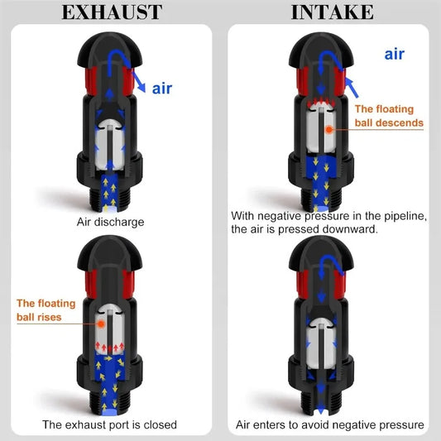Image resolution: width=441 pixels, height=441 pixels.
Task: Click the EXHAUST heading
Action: point(112,12)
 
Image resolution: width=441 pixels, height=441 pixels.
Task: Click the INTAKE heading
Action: point(332,12)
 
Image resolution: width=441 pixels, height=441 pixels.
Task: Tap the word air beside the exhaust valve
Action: point(162,89)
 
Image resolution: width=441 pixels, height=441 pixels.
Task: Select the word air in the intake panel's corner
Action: point(395,54)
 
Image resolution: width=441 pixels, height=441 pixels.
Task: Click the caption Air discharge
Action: point(111,223)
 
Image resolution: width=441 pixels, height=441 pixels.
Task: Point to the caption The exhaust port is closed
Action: point(110,424)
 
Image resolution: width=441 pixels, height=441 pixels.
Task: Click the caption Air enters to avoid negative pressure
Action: point(330,424)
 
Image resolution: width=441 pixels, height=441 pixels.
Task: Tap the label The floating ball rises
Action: point(46,310)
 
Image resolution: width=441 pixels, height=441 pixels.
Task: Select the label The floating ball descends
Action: point(389,116)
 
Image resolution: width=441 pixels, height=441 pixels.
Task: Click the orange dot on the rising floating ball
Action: point(101,324)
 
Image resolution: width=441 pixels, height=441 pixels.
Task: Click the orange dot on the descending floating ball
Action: point(328,129)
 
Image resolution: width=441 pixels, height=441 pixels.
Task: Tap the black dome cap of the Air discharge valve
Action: point(110,49)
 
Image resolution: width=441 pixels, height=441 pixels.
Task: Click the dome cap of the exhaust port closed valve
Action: point(110,252)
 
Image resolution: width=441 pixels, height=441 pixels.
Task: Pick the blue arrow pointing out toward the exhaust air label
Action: point(138,82)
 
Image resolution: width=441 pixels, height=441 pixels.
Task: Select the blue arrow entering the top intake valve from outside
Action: point(352,88)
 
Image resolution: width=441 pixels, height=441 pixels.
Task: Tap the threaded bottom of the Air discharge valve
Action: point(110,199)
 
